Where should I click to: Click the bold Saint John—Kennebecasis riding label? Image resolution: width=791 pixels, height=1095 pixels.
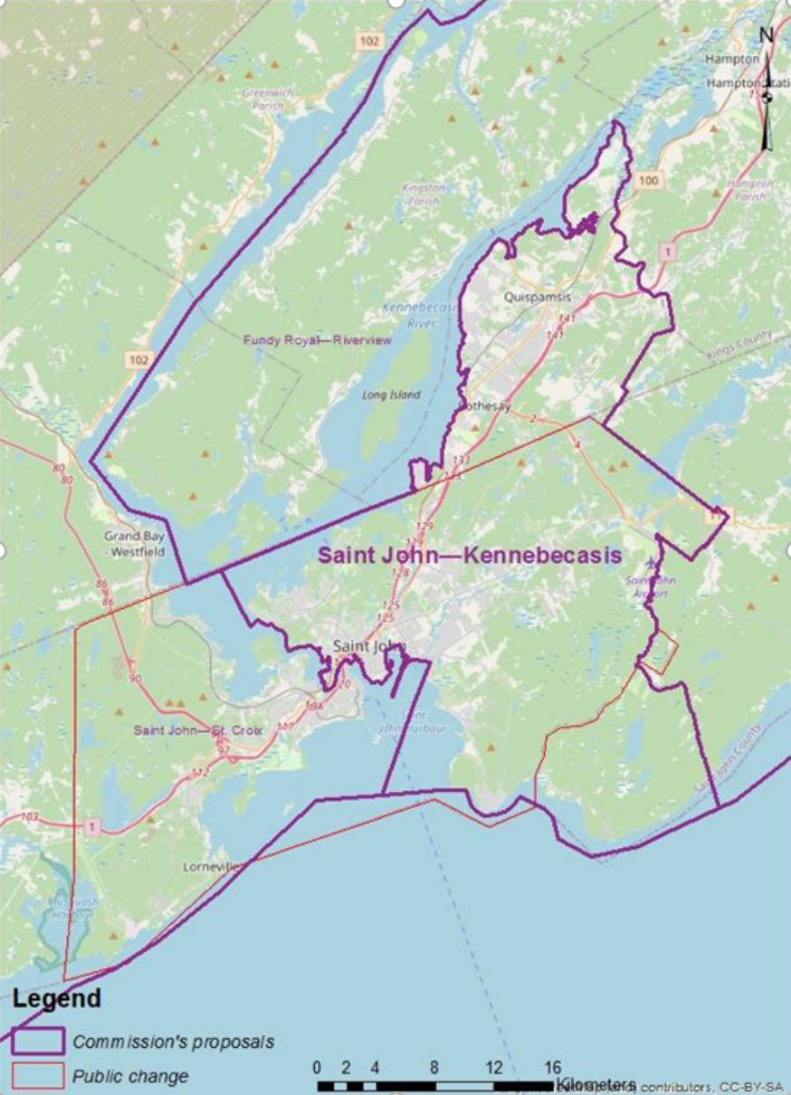point(469,555)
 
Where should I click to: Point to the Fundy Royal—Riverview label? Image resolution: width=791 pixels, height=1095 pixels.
point(317,340)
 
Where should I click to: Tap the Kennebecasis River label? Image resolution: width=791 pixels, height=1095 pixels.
point(411,315)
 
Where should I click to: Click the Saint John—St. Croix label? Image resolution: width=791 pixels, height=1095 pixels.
point(197,729)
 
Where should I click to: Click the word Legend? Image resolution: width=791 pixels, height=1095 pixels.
point(56,999)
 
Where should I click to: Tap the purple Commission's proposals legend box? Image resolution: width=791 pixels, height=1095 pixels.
point(38,1041)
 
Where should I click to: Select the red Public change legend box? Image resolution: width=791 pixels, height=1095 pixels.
point(38,1076)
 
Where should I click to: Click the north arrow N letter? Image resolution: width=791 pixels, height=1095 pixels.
point(766,35)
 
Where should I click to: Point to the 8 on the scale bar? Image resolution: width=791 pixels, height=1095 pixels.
point(434,1066)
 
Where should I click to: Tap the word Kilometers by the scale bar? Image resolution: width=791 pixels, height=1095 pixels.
point(596,1083)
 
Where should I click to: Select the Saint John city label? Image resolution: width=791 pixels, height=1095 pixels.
point(369,646)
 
